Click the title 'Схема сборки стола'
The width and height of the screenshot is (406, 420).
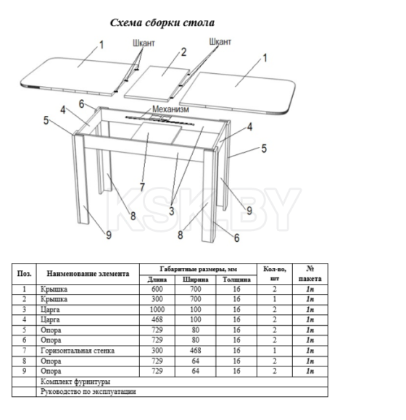(162, 22)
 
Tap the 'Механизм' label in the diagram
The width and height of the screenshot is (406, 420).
(170, 109)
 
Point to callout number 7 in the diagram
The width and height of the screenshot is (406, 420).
(142, 187)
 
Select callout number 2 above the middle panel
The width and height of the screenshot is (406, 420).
(183, 52)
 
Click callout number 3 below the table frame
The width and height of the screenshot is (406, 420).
(172, 211)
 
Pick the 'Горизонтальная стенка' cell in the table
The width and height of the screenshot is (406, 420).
(78, 350)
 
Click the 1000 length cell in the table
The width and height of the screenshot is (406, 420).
(157, 310)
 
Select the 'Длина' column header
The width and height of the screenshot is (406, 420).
(157, 280)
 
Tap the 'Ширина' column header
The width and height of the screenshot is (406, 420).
(196, 280)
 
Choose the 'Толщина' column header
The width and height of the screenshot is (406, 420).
(236, 280)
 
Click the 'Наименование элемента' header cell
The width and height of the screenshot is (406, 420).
(88, 274)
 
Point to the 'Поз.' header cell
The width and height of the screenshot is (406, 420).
(24, 274)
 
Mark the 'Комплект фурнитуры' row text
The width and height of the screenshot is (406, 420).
(75, 382)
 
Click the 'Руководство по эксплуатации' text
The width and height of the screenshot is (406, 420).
(88, 392)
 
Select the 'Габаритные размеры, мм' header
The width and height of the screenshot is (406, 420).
(199, 269)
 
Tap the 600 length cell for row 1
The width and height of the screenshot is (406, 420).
(157, 289)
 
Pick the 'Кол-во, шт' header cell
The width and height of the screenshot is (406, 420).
(275, 274)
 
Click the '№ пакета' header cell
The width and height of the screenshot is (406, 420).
(310, 274)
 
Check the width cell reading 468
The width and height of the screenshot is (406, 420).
(196, 350)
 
